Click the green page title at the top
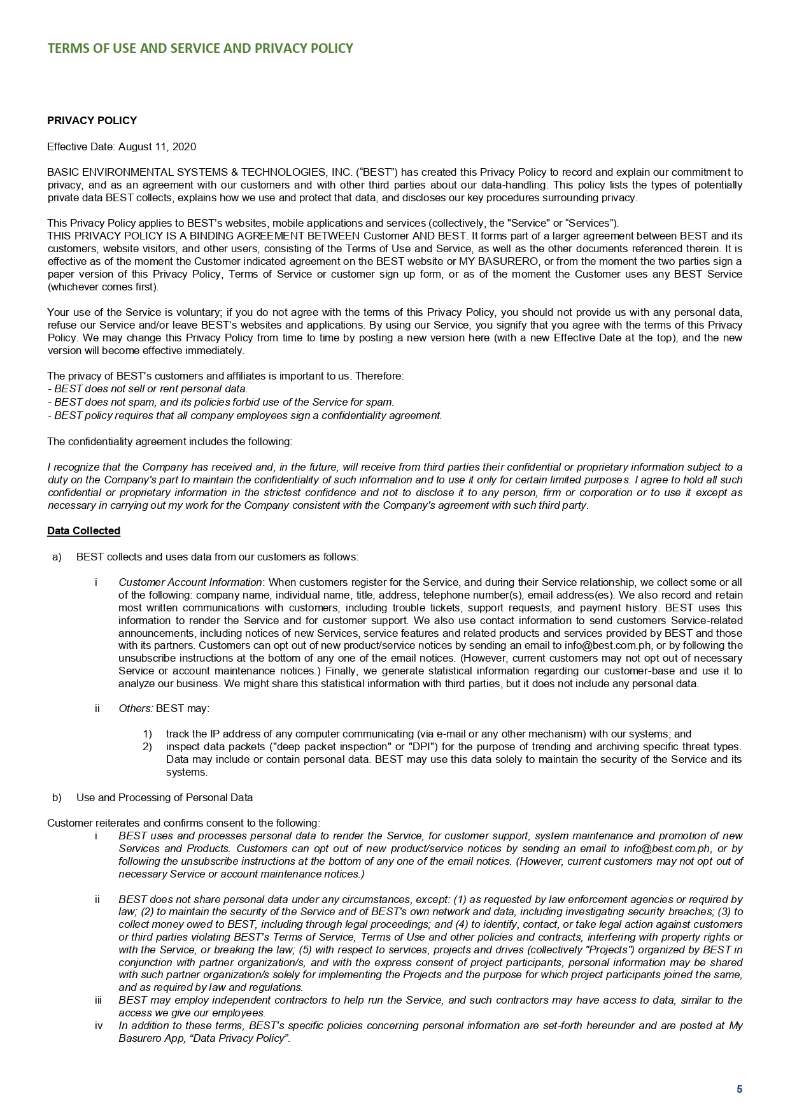click(x=200, y=49)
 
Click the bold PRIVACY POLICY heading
click(x=92, y=121)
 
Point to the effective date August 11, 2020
click(x=157, y=147)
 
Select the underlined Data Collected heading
click(x=83, y=531)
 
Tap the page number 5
click(x=739, y=1089)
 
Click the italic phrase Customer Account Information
click(x=190, y=582)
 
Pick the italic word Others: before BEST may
click(x=136, y=708)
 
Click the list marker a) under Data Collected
click(x=57, y=557)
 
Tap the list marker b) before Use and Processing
click(x=57, y=797)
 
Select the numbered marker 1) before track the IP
click(x=148, y=734)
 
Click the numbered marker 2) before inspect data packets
click(x=148, y=746)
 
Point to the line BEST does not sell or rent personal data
click(x=148, y=388)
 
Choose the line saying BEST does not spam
click(x=221, y=402)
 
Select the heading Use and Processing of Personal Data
click(x=164, y=797)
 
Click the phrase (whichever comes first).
click(x=103, y=287)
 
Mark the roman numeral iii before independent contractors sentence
click(x=98, y=1000)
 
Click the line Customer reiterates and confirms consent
click(x=183, y=823)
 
